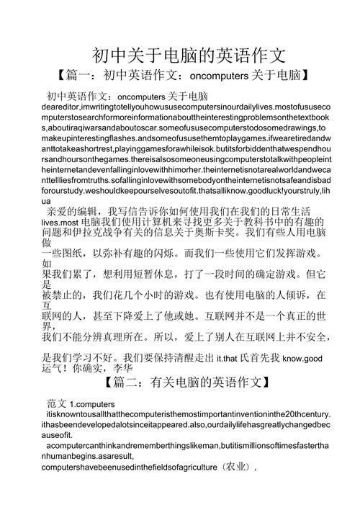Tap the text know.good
pos(302,358)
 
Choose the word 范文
pos(58,405)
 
